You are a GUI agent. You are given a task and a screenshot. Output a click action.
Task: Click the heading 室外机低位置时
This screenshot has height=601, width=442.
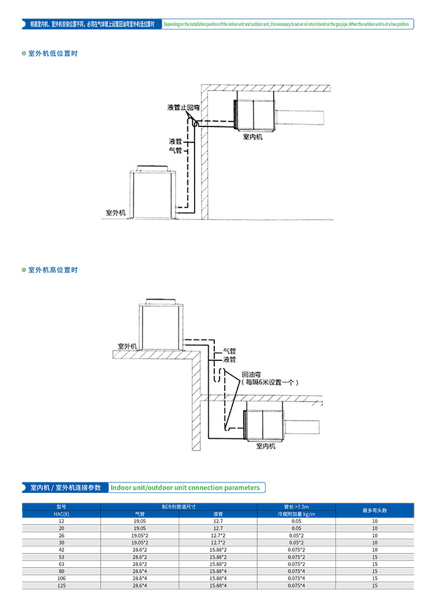[x=53, y=53]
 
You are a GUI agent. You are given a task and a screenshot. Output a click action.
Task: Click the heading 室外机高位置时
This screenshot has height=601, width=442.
[x=53, y=270]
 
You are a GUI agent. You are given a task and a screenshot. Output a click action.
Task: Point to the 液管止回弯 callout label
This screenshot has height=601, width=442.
[x=184, y=107]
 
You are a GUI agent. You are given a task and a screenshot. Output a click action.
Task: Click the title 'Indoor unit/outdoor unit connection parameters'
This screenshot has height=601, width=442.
[x=185, y=487]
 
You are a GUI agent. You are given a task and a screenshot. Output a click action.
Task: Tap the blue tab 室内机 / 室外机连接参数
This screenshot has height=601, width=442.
[x=65, y=487]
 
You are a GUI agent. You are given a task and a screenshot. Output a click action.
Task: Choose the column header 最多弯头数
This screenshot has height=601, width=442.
[x=374, y=510]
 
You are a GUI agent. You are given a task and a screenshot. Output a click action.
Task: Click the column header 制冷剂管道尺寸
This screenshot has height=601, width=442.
[x=179, y=506]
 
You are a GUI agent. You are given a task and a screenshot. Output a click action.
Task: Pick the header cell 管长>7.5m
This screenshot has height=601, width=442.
[x=297, y=506]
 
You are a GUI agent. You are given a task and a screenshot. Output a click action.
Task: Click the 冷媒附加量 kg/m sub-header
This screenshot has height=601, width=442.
[x=297, y=514]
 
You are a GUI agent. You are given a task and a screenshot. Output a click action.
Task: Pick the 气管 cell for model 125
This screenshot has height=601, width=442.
[x=140, y=585]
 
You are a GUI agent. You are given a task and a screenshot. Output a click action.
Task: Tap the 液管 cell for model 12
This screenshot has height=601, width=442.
[x=218, y=521]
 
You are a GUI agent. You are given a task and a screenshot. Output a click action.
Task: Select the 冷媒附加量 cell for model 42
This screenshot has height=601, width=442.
[x=297, y=549]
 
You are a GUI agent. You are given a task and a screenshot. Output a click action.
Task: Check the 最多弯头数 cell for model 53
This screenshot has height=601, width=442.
[x=374, y=556]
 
